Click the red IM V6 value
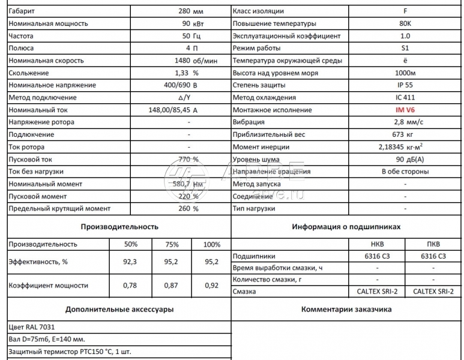(405, 110)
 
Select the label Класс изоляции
(258, 11)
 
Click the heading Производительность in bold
(119, 227)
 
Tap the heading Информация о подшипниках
(346, 227)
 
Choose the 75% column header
(172, 244)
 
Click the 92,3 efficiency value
(130, 262)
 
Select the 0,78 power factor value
(130, 286)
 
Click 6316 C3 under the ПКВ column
(433, 256)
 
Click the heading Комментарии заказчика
(346, 310)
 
